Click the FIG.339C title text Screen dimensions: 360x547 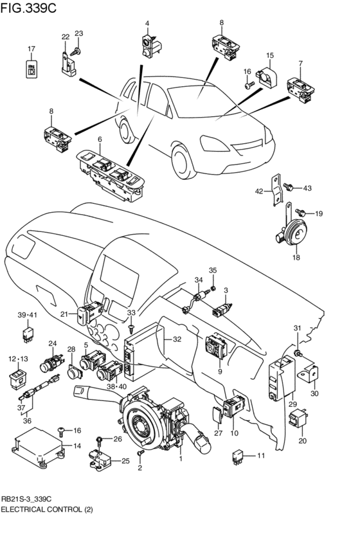pyautogui.click(x=28, y=8)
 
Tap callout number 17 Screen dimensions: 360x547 pyautogui.click(x=32, y=49)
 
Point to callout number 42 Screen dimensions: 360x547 pyautogui.click(x=259, y=191)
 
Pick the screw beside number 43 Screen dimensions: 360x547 pyautogui.click(x=288, y=187)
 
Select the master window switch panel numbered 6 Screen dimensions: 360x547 pyautogui.click(x=111, y=175)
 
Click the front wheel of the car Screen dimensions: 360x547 pyautogui.click(x=184, y=161)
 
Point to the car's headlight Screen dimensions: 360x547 pyautogui.click(x=214, y=144)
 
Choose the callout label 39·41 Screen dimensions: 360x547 pyautogui.click(x=27, y=315)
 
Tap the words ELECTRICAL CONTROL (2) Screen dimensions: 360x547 pyautogui.click(x=47, y=510)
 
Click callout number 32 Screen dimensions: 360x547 pyautogui.click(x=177, y=339)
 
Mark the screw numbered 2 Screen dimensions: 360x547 pyautogui.click(x=141, y=454)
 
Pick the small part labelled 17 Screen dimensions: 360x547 pyautogui.click(x=32, y=68)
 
